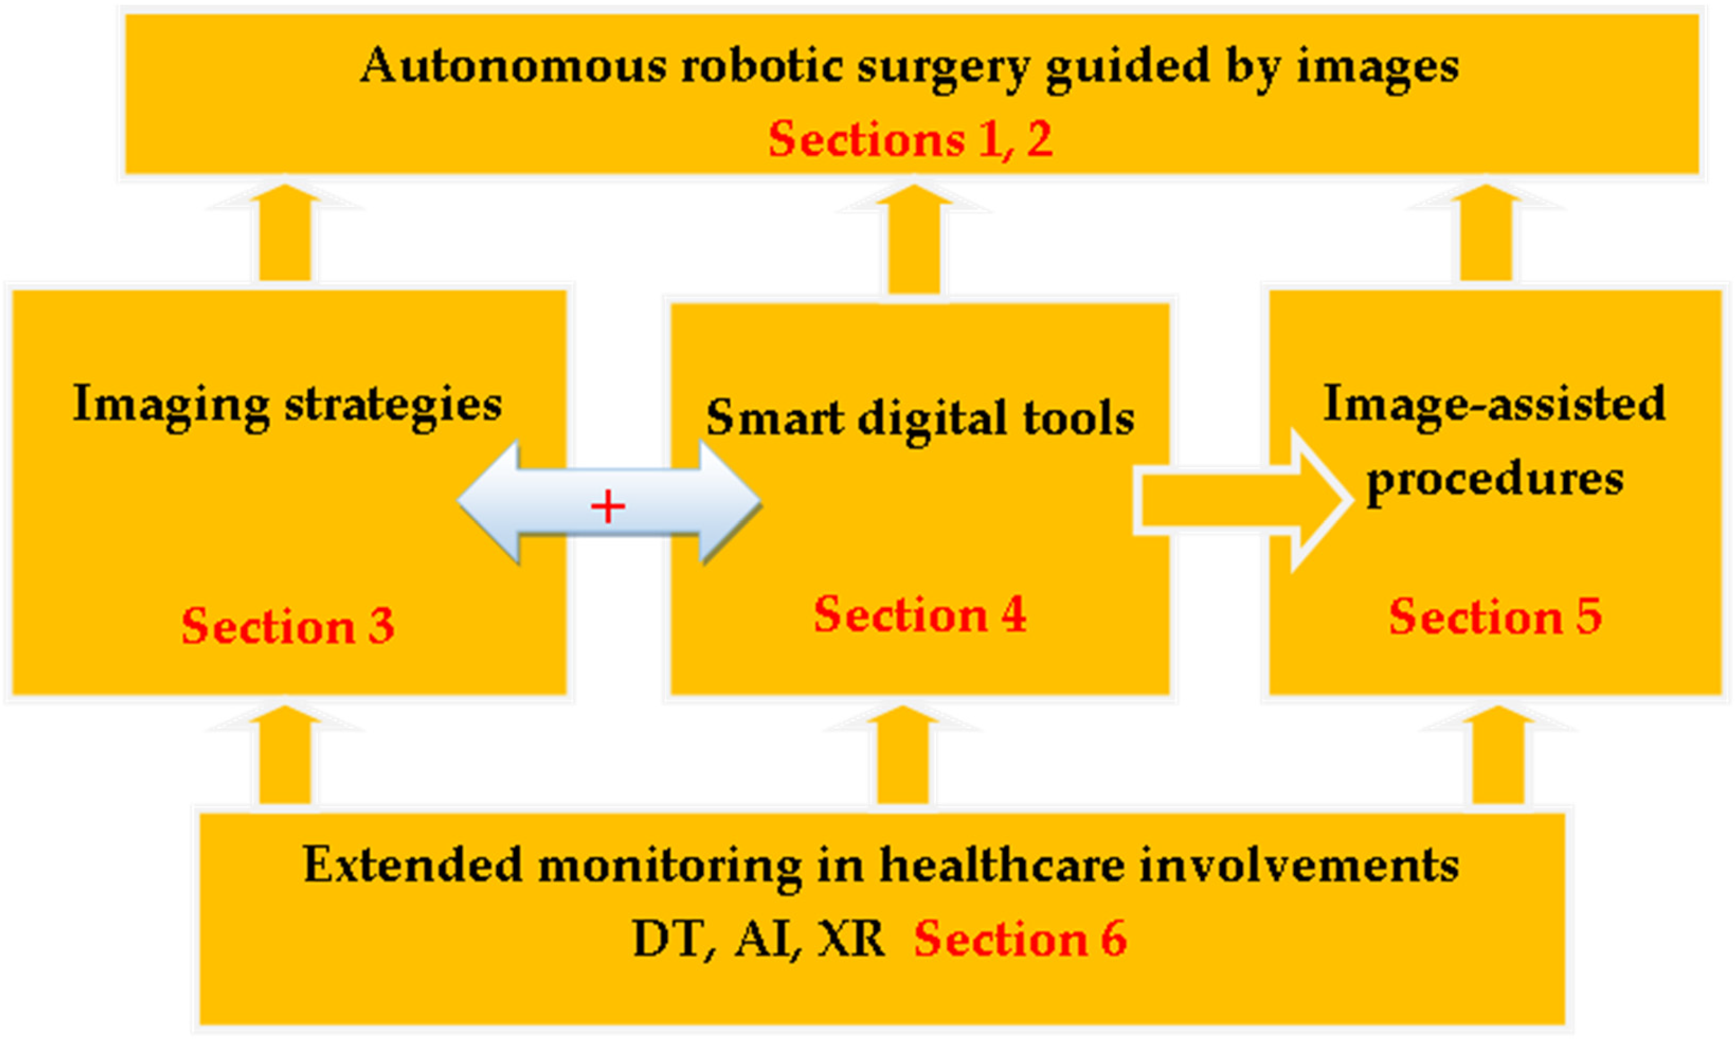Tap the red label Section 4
(920, 615)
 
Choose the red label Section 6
(1020, 939)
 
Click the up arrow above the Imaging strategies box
(285, 235)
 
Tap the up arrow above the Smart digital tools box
(914, 242)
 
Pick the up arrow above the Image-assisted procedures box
(1486, 235)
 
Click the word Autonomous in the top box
(512, 66)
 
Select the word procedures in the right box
(1495, 480)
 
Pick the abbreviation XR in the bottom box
(851, 939)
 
